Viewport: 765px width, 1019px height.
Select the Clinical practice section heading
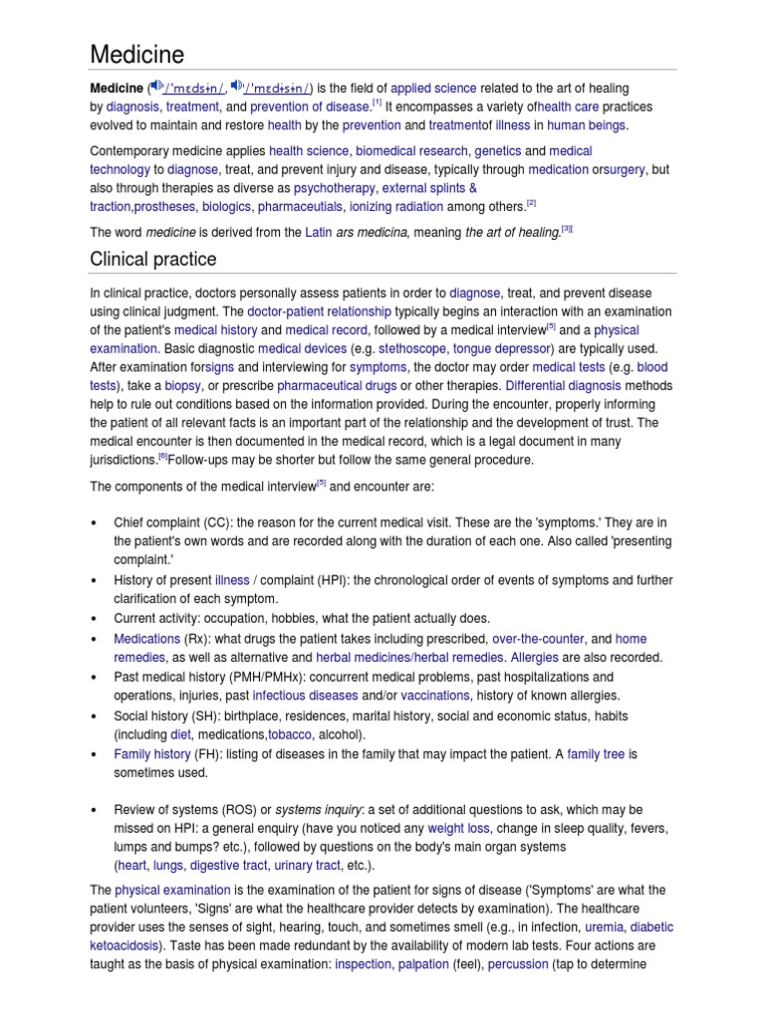[152, 259]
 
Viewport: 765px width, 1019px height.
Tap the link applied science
[434, 89]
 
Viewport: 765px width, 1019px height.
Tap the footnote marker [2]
[532, 203]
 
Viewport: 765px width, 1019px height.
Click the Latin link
[318, 232]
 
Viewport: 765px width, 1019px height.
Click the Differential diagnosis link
[561, 385]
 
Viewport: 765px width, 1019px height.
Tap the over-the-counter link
[538, 638]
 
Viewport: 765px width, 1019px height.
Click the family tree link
[596, 753]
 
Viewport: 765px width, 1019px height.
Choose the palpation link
[423, 964]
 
